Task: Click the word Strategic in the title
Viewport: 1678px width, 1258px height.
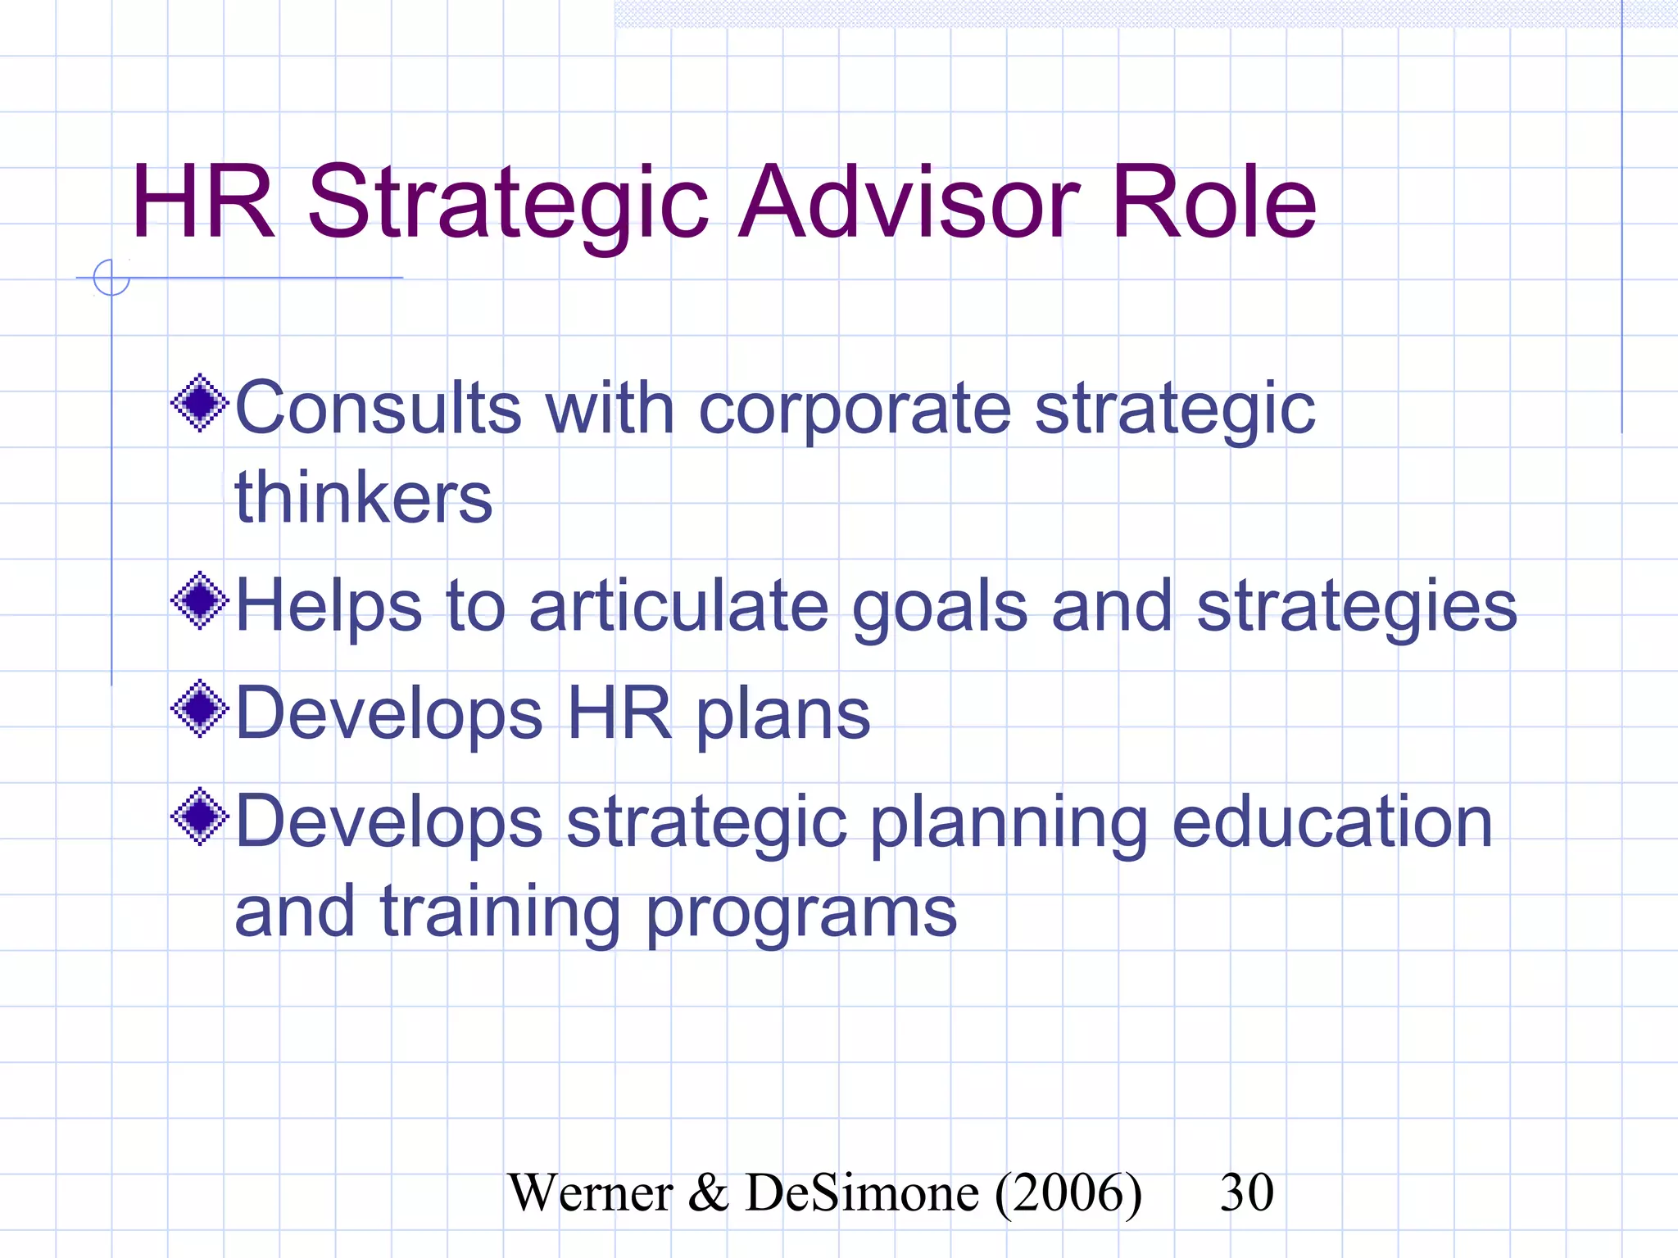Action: coord(507,203)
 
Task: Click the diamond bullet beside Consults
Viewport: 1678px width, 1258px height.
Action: coord(199,403)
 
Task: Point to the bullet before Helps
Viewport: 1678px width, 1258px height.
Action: coord(199,601)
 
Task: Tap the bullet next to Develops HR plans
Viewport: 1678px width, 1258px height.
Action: coord(199,709)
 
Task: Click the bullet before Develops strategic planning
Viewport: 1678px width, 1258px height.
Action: coord(199,817)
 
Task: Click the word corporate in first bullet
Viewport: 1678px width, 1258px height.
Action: coord(855,410)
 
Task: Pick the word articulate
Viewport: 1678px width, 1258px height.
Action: coord(679,606)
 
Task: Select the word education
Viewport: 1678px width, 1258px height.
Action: coord(1332,821)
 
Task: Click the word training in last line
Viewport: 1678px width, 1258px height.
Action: coord(500,913)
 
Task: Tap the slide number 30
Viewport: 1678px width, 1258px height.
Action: coord(1246,1192)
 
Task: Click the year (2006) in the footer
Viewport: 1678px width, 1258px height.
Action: coord(1068,1193)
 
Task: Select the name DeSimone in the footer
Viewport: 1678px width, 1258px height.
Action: coord(862,1192)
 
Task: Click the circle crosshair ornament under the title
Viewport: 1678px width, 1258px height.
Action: coord(111,278)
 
